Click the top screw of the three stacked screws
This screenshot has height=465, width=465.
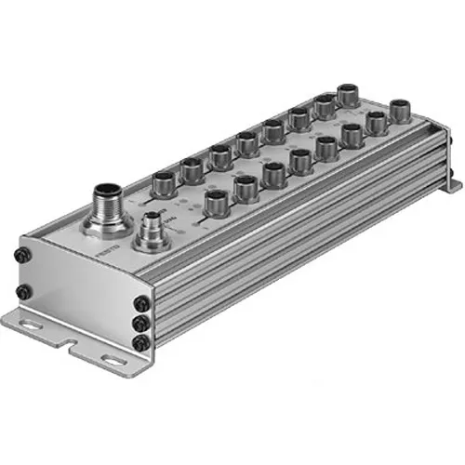(140, 304)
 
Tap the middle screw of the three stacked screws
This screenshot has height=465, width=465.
(140, 324)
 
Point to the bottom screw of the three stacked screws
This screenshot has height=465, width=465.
(140, 342)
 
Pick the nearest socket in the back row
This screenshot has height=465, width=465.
(163, 177)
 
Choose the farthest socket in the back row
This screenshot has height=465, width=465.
(347, 93)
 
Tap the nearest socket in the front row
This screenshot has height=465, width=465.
(216, 201)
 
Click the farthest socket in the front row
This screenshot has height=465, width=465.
(401, 110)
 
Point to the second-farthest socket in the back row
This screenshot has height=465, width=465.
(323, 104)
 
